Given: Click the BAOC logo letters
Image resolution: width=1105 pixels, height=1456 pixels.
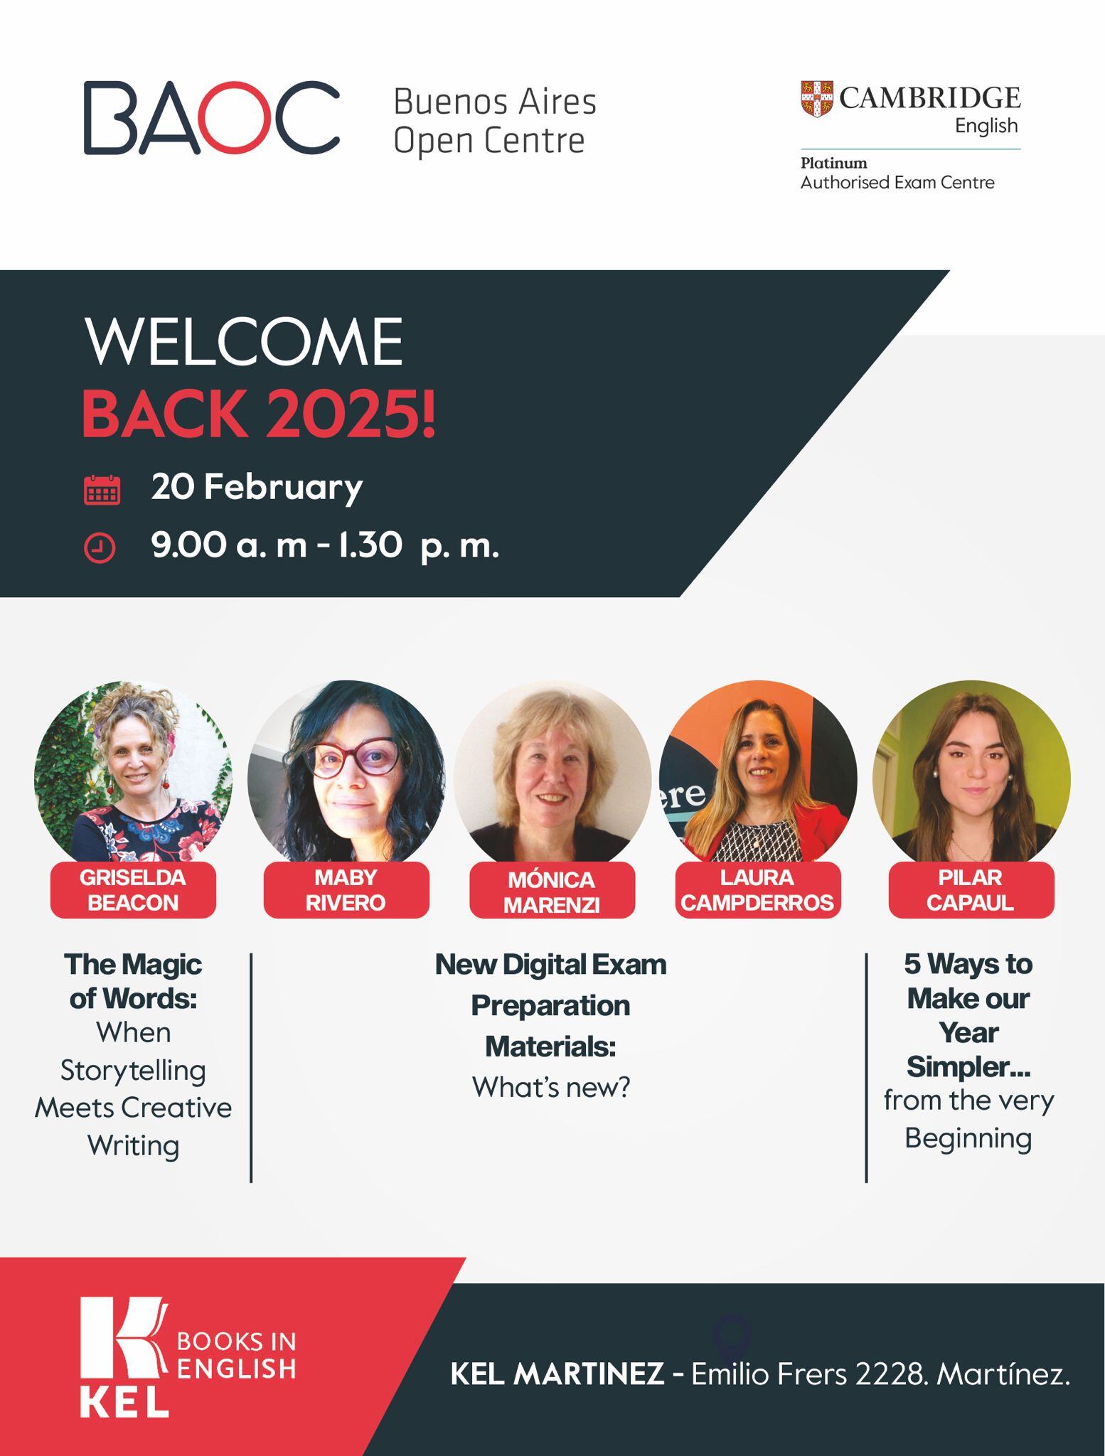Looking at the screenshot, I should coord(211,118).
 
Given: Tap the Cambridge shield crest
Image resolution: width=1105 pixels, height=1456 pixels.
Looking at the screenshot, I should coord(816,99).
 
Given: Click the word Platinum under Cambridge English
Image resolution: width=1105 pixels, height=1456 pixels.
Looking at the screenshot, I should coord(833,163).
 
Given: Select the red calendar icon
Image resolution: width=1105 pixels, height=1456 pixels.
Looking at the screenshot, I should coord(102,490).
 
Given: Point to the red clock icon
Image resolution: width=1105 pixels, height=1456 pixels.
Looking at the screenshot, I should coord(100,548).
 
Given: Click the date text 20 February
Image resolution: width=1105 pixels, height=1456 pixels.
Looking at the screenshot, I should coord(257,488).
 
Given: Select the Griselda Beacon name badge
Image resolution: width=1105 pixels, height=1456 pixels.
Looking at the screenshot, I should coord(133,890).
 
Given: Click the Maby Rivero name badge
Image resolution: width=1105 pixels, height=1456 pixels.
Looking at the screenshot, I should coord(346,890).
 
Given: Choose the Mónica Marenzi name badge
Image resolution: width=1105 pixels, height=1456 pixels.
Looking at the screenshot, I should coord(552,892).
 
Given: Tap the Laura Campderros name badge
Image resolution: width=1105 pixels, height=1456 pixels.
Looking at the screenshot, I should coord(757,890).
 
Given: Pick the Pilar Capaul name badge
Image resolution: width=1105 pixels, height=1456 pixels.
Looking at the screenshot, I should coord(971,890).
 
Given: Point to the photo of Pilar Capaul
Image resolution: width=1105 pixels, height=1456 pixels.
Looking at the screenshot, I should coord(971,771).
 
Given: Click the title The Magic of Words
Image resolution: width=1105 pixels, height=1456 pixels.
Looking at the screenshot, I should coord(133,982).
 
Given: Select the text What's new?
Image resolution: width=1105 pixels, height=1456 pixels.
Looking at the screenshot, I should coord(551,1088).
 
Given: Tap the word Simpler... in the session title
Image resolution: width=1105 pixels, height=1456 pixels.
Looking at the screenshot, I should coord(968,1066).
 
